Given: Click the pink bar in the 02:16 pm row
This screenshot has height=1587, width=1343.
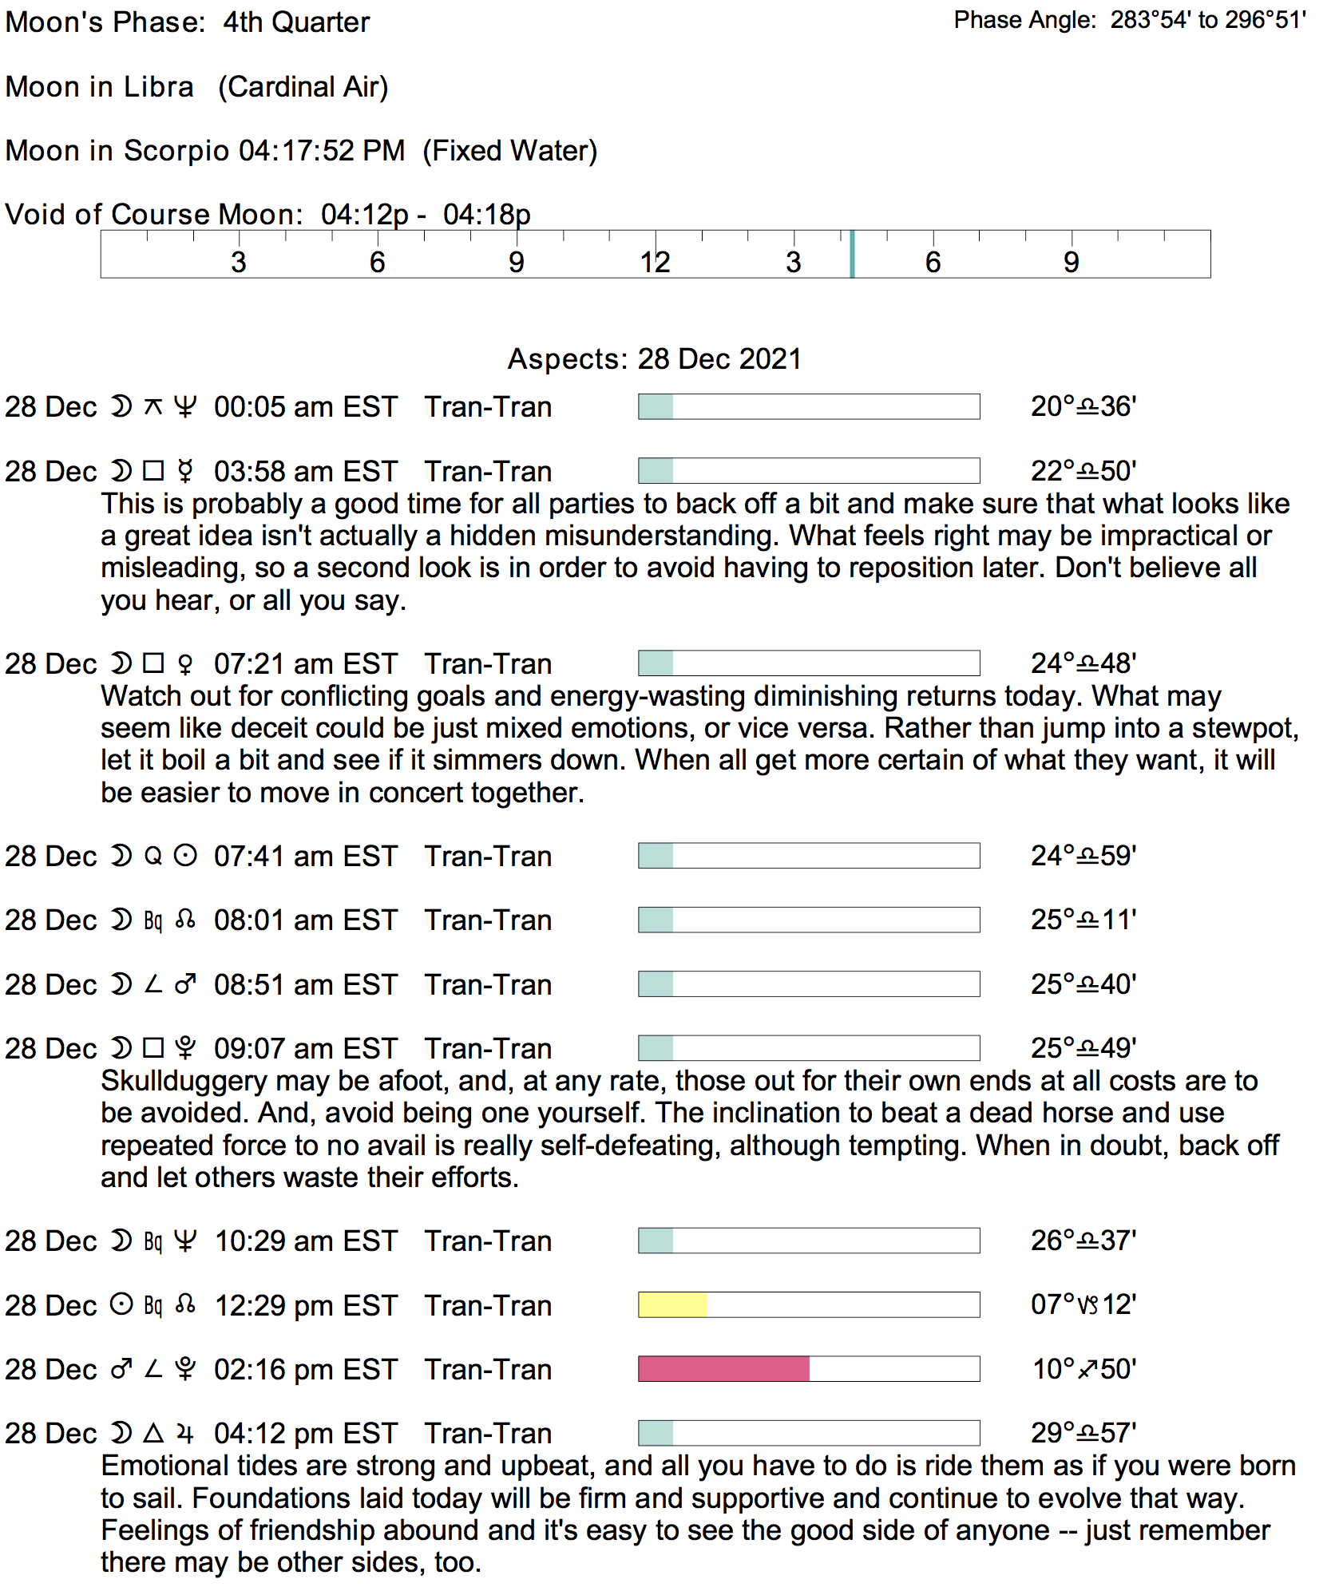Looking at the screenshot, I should (x=723, y=1368).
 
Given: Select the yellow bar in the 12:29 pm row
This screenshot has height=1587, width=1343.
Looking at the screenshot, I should (x=672, y=1304).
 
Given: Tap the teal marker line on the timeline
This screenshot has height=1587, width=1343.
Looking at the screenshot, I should (x=852, y=254).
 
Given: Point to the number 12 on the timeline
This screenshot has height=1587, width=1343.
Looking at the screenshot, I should (x=655, y=262).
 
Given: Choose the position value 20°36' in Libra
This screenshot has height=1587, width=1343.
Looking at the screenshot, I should (x=1083, y=406).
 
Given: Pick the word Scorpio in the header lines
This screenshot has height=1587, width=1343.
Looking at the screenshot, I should (x=176, y=150).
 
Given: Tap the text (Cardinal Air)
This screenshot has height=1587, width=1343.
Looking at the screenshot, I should (x=303, y=86).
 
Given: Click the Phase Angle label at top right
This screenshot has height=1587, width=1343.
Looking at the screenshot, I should (x=1024, y=20).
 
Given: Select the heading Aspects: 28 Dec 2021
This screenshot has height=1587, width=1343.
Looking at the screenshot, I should (x=654, y=358).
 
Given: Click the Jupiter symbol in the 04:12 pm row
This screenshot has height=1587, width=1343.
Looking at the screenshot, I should (x=185, y=1433).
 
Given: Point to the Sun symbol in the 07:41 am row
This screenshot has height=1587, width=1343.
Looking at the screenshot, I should (x=185, y=856).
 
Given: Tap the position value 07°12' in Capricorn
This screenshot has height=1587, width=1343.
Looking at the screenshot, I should (x=1083, y=1304).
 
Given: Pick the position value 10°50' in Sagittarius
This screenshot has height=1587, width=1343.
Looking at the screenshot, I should (x=1083, y=1368).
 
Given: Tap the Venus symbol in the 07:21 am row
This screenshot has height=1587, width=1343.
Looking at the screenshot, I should (x=185, y=663).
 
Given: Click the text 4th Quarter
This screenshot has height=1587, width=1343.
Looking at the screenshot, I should (x=296, y=22).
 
